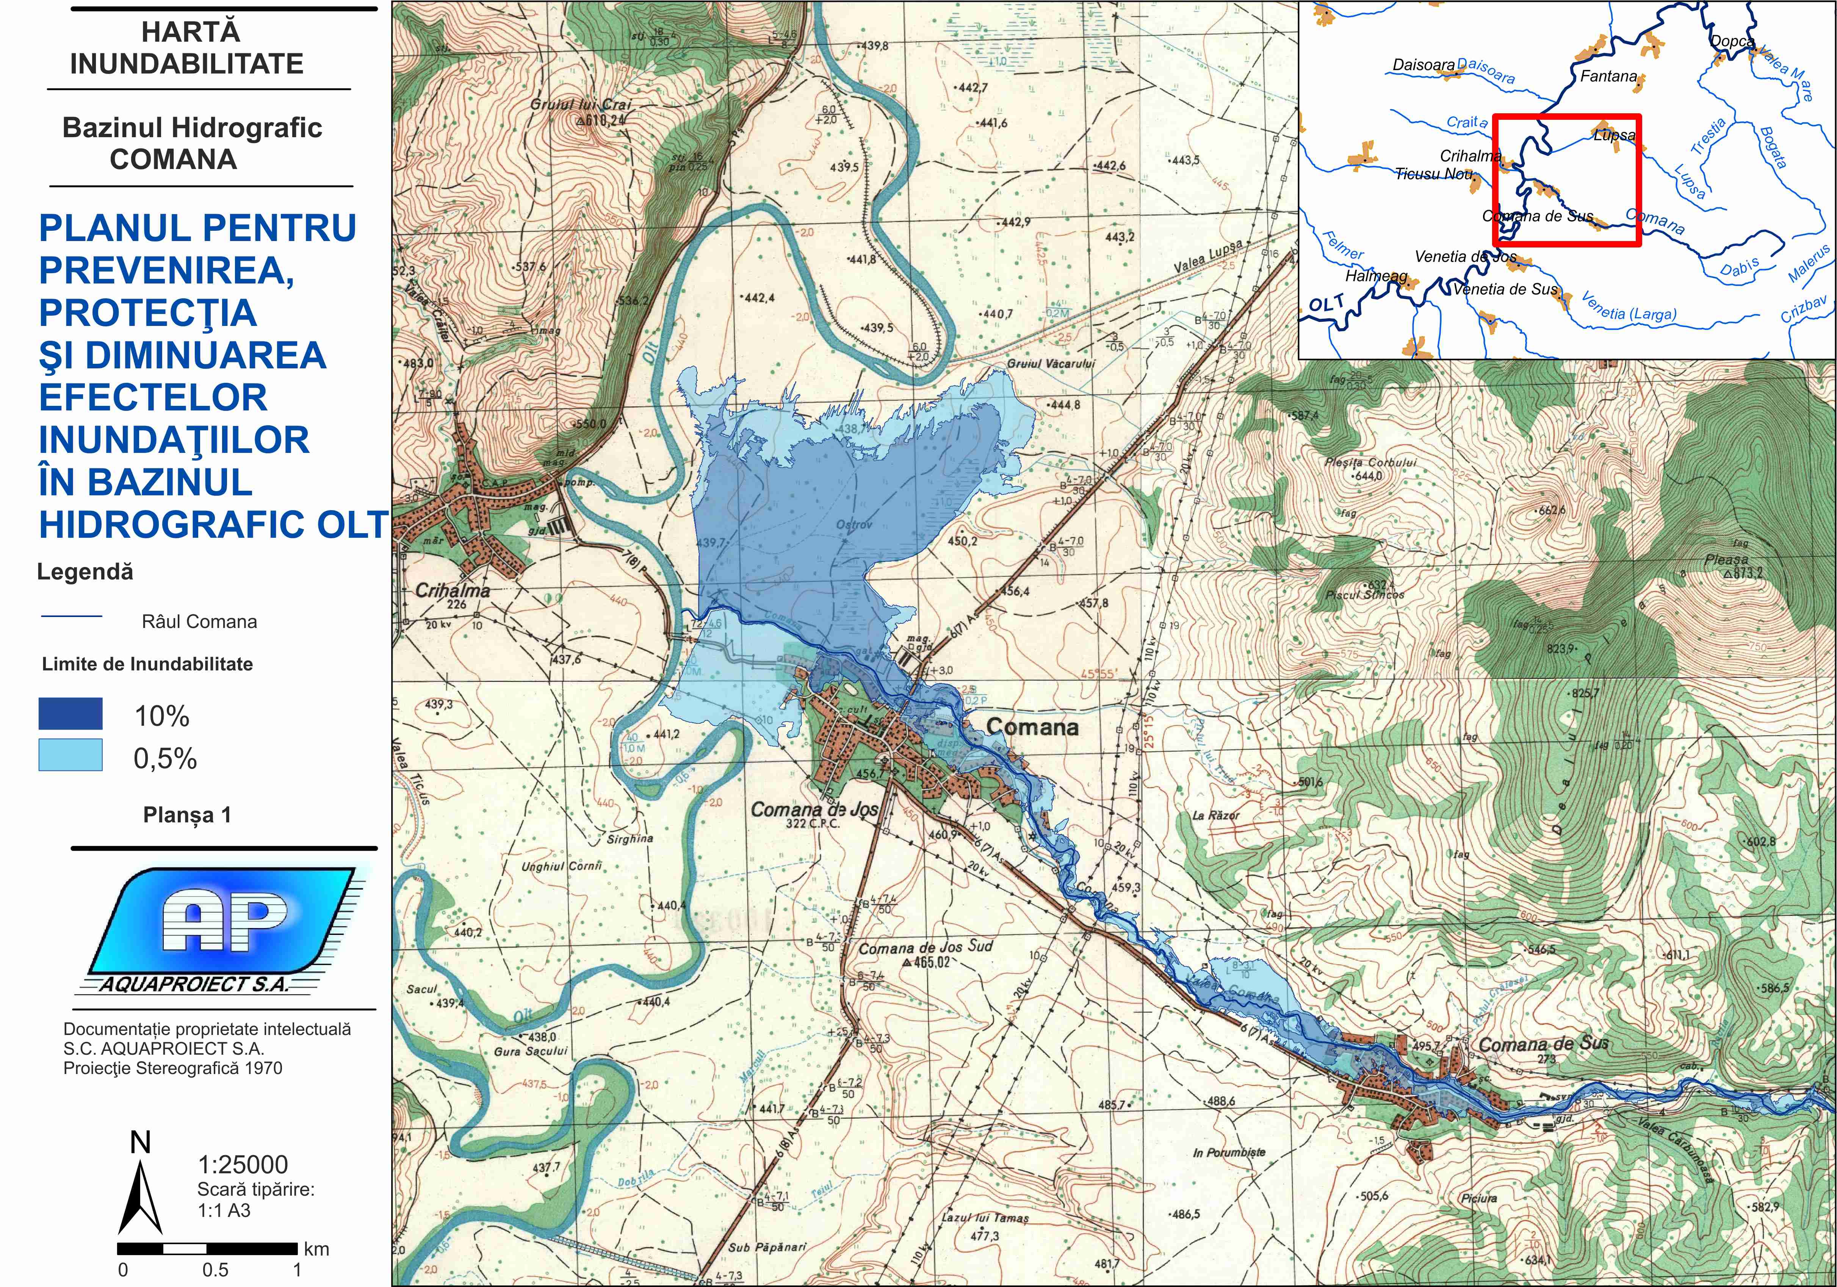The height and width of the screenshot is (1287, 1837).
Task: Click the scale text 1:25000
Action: pyautogui.click(x=243, y=1165)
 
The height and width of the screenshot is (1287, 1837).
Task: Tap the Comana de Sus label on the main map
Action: pyautogui.click(x=1543, y=1044)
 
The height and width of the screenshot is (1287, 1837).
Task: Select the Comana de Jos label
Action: pyautogui.click(x=814, y=809)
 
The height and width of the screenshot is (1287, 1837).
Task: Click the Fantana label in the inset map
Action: pyautogui.click(x=1608, y=77)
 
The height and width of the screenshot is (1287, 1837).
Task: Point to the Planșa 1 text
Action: pyautogui.click(x=186, y=815)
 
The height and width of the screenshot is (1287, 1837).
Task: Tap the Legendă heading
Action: pyautogui.click(x=85, y=572)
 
